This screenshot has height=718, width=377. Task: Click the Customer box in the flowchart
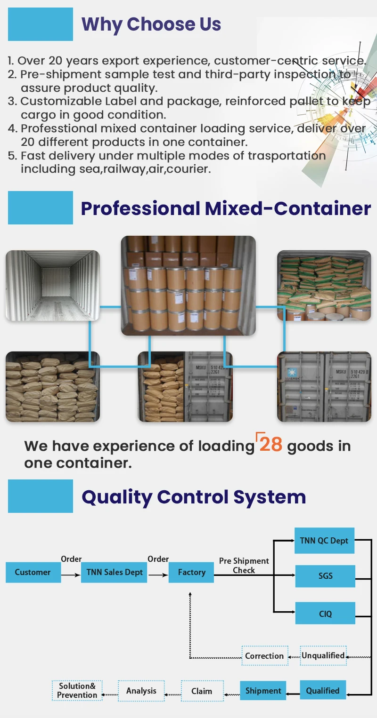(x=33, y=573)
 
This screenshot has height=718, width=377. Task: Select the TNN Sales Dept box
(x=115, y=573)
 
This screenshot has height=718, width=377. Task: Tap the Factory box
(x=191, y=573)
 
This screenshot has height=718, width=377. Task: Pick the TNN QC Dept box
(x=324, y=541)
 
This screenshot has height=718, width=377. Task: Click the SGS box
(x=325, y=576)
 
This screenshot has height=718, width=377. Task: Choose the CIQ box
(x=325, y=614)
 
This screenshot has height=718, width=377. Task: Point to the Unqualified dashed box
(x=323, y=655)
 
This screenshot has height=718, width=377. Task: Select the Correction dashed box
(x=264, y=656)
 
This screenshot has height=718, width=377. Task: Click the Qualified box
(x=323, y=691)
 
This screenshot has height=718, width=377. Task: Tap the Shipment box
(x=263, y=691)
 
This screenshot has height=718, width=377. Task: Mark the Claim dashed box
(x=202, y=691)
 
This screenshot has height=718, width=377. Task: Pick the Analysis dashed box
(x=141, y=691)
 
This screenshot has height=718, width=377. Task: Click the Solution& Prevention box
(x=77, y=691)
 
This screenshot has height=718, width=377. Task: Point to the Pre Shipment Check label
(x=244, y=566)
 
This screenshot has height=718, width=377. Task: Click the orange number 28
(x=270, y=445)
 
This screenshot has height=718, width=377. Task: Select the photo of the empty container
(x=53, y=286)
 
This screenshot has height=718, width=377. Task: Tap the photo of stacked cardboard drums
(x=188, y=286)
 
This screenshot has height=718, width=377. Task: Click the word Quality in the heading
(x=117, y=497)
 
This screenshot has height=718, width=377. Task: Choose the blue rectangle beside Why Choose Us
(x=41, y=24)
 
